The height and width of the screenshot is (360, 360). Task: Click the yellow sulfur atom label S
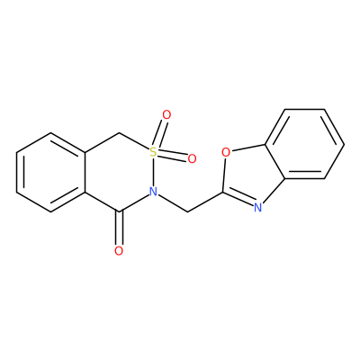[x=153, y=152]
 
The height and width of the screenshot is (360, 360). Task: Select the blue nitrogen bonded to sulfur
[x=153, y=192]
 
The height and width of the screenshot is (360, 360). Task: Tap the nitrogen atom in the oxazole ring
[x=257, y=207]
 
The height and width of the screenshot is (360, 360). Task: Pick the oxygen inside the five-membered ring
[x=226, y=152]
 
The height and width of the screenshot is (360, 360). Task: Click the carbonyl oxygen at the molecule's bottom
[x=119, y=251]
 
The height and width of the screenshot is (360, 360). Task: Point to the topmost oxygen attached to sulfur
[x=166, y=114]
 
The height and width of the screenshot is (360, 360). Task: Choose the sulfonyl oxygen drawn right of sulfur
[x=192, y=158]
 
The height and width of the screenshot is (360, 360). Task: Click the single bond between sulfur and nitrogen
[x=153, y=172]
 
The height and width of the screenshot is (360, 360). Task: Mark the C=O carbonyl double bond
[x=119, y=229]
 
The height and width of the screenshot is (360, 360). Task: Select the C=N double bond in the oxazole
[x=238, y=199]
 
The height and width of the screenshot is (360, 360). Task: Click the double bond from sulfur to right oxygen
[x=173, y=156]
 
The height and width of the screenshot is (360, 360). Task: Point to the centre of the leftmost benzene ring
[x=50, y=172]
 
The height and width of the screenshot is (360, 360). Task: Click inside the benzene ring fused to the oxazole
[x=304, y=144]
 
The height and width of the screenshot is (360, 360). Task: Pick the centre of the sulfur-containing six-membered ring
[x=119, y=172]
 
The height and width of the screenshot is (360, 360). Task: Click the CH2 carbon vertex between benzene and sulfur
[x=119, y=132]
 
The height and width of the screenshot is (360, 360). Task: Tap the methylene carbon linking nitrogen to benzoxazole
[x=188, y=211]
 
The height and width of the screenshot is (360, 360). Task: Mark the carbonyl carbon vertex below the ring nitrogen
[x=119, y=211]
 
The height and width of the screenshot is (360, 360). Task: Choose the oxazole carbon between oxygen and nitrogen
[x=222, y=192]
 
